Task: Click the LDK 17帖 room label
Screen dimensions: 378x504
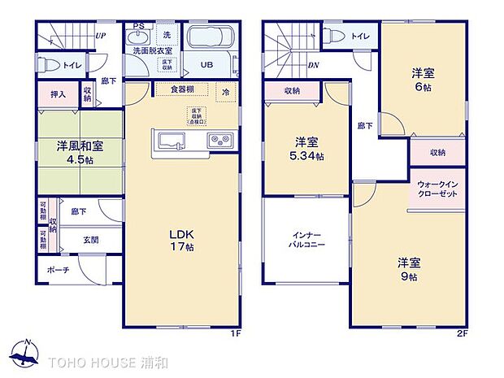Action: (x=180, y=241)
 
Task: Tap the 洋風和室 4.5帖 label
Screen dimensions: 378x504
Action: (x=79, y=153)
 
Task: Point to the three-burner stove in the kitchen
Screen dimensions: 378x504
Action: (x=219, y=141)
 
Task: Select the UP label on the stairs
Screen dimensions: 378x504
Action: (x=100, y=36)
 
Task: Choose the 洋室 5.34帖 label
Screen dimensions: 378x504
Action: (x=308, y=150)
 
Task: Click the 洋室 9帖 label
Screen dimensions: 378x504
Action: (x=407, y=269)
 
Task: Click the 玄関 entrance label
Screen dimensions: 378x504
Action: (x=90, y=240)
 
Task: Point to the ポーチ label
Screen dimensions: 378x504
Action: (x=58, y=270)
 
